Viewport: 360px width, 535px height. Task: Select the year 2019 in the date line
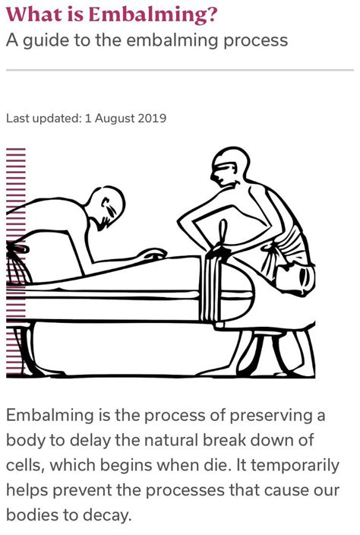[152, 119]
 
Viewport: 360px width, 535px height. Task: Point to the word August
[114, 119]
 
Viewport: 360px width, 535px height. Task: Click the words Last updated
[41, 119]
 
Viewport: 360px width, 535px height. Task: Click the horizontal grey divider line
[179, 71]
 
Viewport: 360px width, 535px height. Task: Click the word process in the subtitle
[252, 40]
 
